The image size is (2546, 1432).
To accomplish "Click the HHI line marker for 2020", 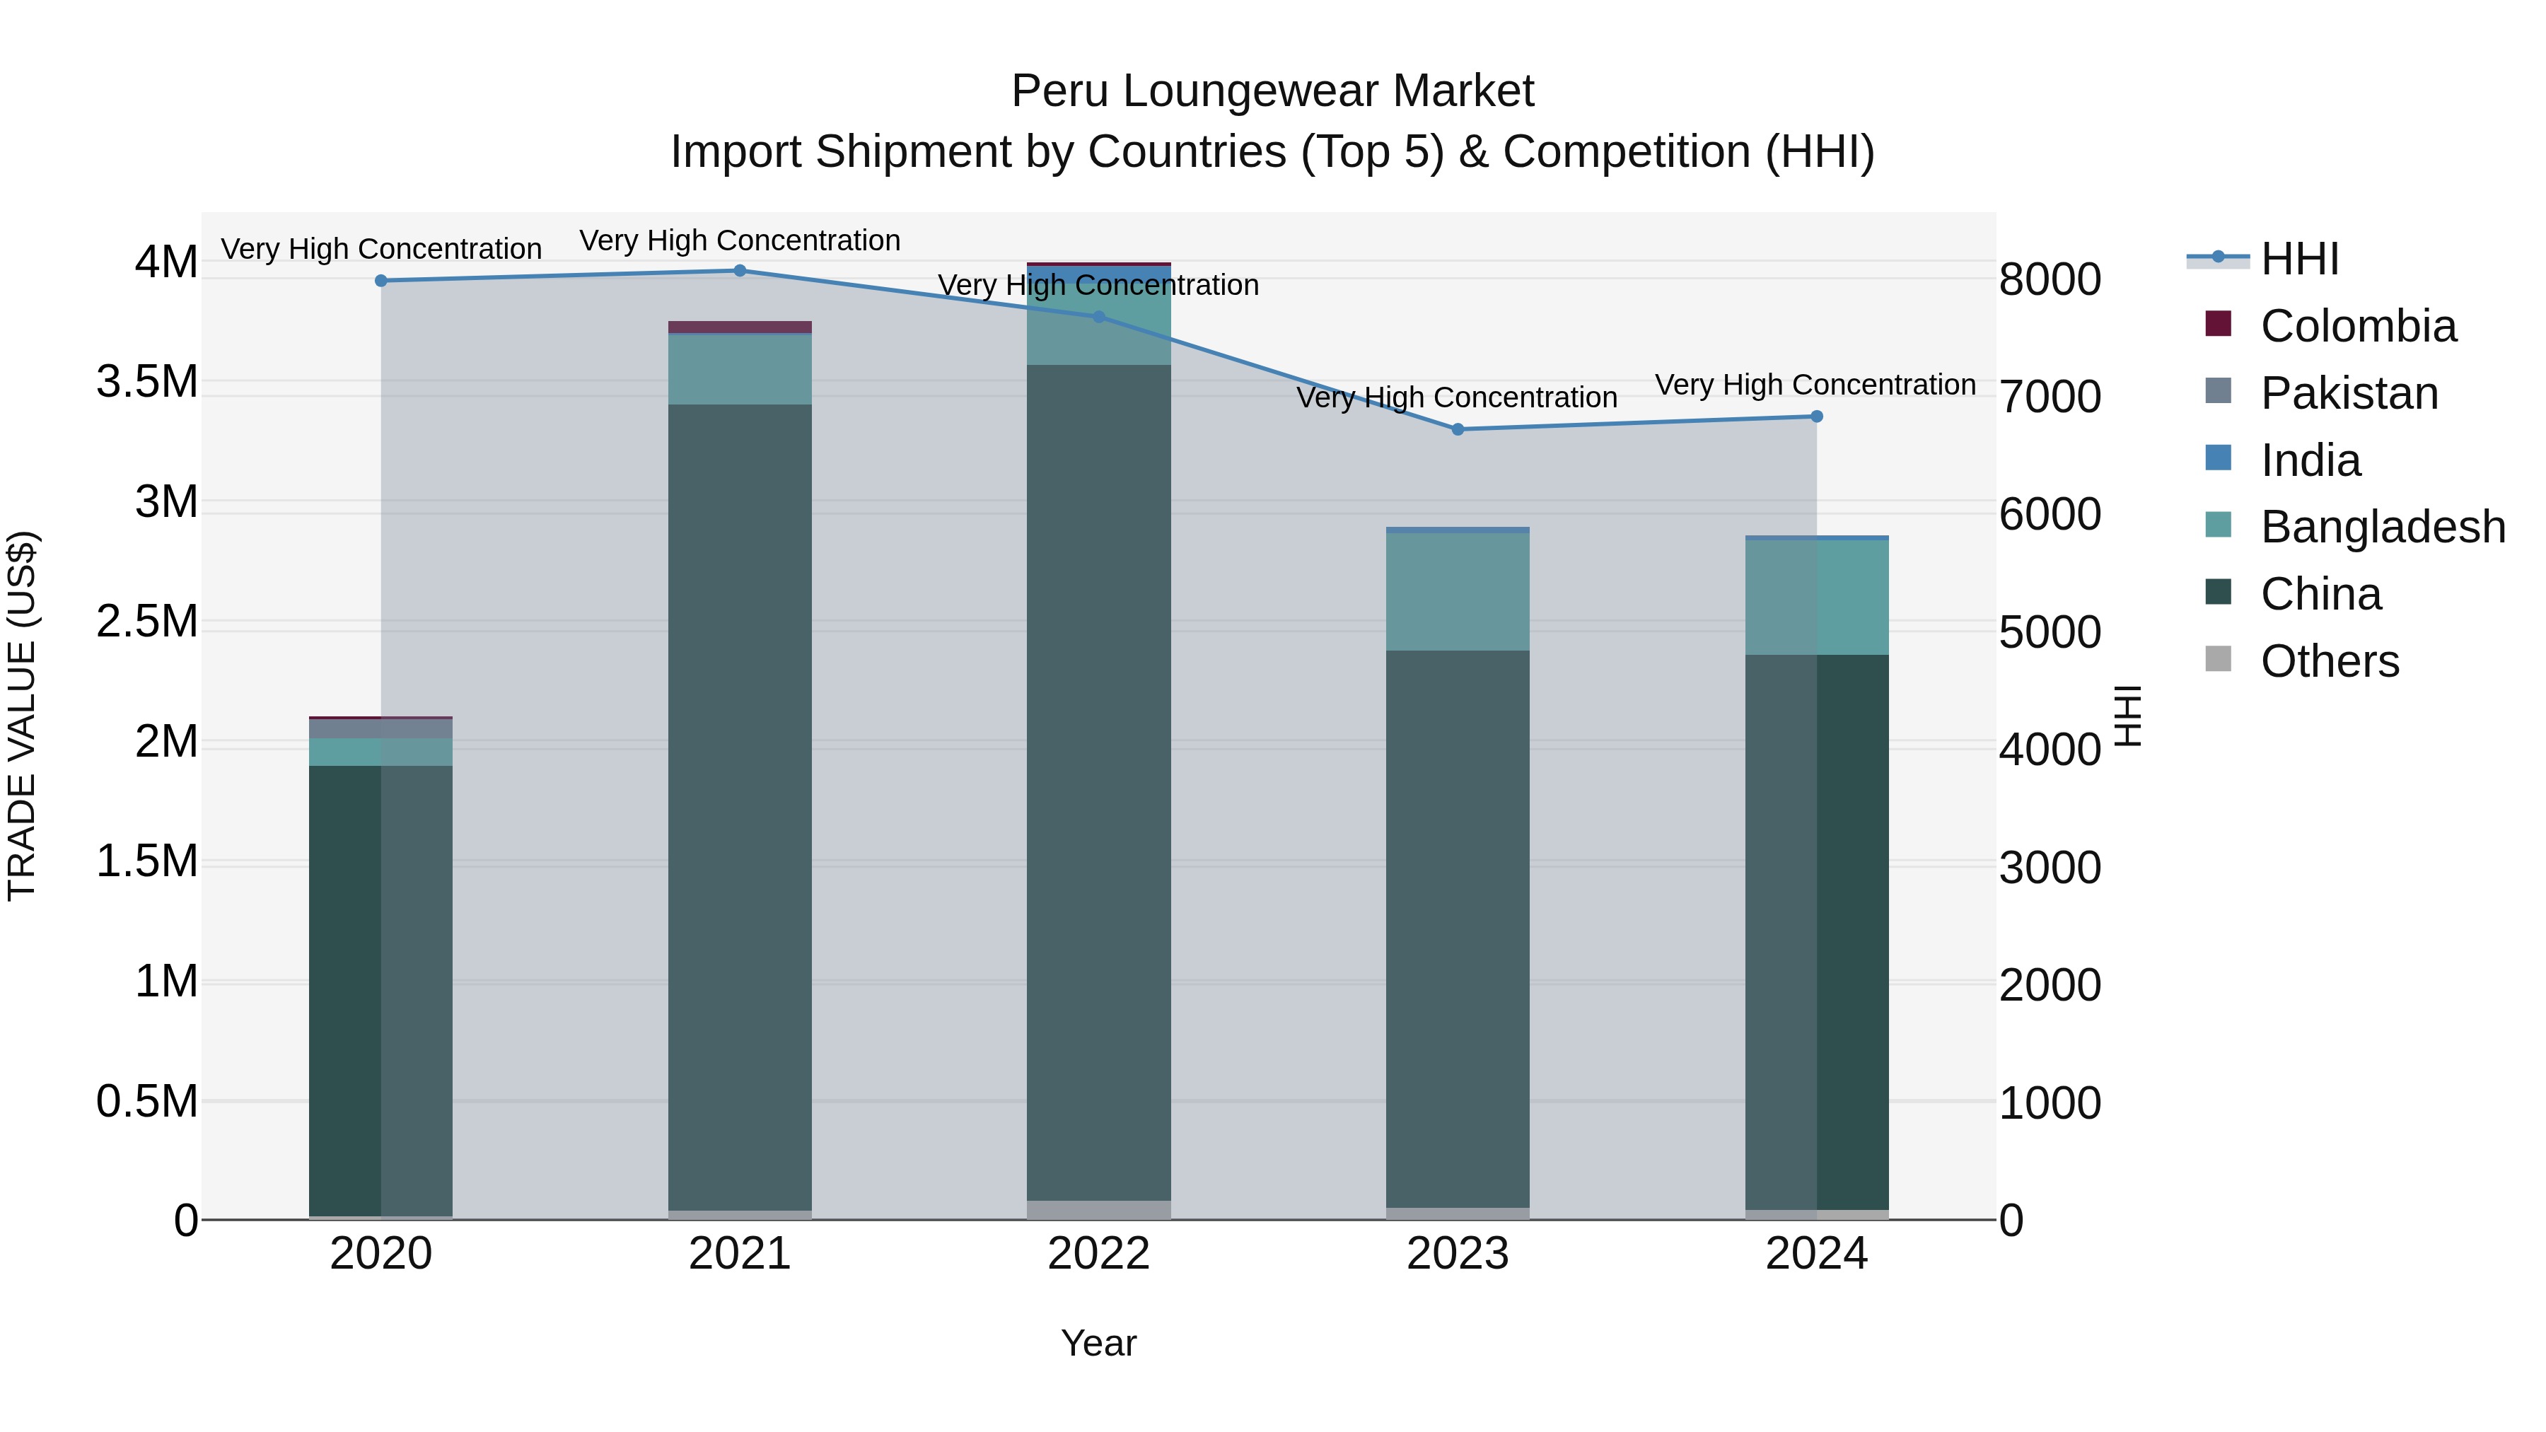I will point(381,281).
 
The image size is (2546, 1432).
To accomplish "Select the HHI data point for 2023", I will point(1458,429).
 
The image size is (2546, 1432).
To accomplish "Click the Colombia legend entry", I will point(2357,326).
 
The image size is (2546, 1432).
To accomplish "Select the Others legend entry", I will point(2329,661).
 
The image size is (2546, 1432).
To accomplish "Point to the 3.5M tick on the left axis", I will point(147,381).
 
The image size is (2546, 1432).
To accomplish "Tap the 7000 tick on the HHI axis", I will point(2050,396).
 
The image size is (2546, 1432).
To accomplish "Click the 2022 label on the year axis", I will point(1098,1254).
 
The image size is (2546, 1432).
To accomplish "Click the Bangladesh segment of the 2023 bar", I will point(1458,591).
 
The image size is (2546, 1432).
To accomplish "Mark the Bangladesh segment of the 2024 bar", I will point(1817,597).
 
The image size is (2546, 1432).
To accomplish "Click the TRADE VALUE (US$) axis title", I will point(22,716).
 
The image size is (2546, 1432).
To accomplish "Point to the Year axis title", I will point(1098,1343).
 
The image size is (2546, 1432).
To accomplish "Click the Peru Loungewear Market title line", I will point(1272,91).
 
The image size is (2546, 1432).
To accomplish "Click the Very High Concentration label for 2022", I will point(1098,284).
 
